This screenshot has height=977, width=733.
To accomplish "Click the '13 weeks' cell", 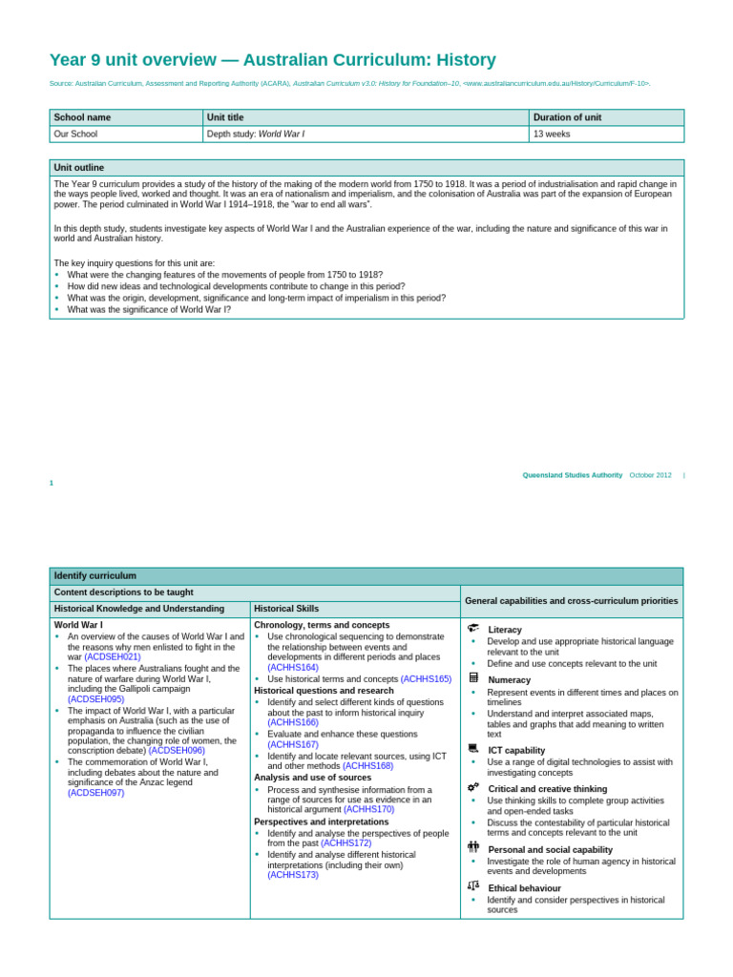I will click(552, 134).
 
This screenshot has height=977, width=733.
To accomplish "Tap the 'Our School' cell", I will click(75, 134).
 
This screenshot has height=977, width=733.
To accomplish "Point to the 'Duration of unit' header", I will click(567, 117).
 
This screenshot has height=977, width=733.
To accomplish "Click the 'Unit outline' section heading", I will click(79, 167).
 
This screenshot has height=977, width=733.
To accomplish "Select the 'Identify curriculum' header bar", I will click(95, 575).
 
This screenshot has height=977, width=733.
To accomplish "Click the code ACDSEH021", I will click(113, 657).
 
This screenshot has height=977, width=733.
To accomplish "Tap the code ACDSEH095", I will click(95, 699).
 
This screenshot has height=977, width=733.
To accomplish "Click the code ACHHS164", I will click(293, 667).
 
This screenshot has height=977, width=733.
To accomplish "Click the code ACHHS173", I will click(293, 874).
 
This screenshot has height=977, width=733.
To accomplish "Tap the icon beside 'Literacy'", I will click(473, 629).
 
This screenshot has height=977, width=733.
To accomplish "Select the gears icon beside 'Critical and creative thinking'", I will click(473, 787).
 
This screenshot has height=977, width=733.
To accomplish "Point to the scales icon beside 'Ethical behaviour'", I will click(473, 886).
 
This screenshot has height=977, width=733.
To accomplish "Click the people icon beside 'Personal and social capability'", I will click(473, 847).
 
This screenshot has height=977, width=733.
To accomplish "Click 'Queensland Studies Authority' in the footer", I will click(572, 475).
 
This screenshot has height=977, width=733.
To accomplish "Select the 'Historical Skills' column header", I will click(286, 609).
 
